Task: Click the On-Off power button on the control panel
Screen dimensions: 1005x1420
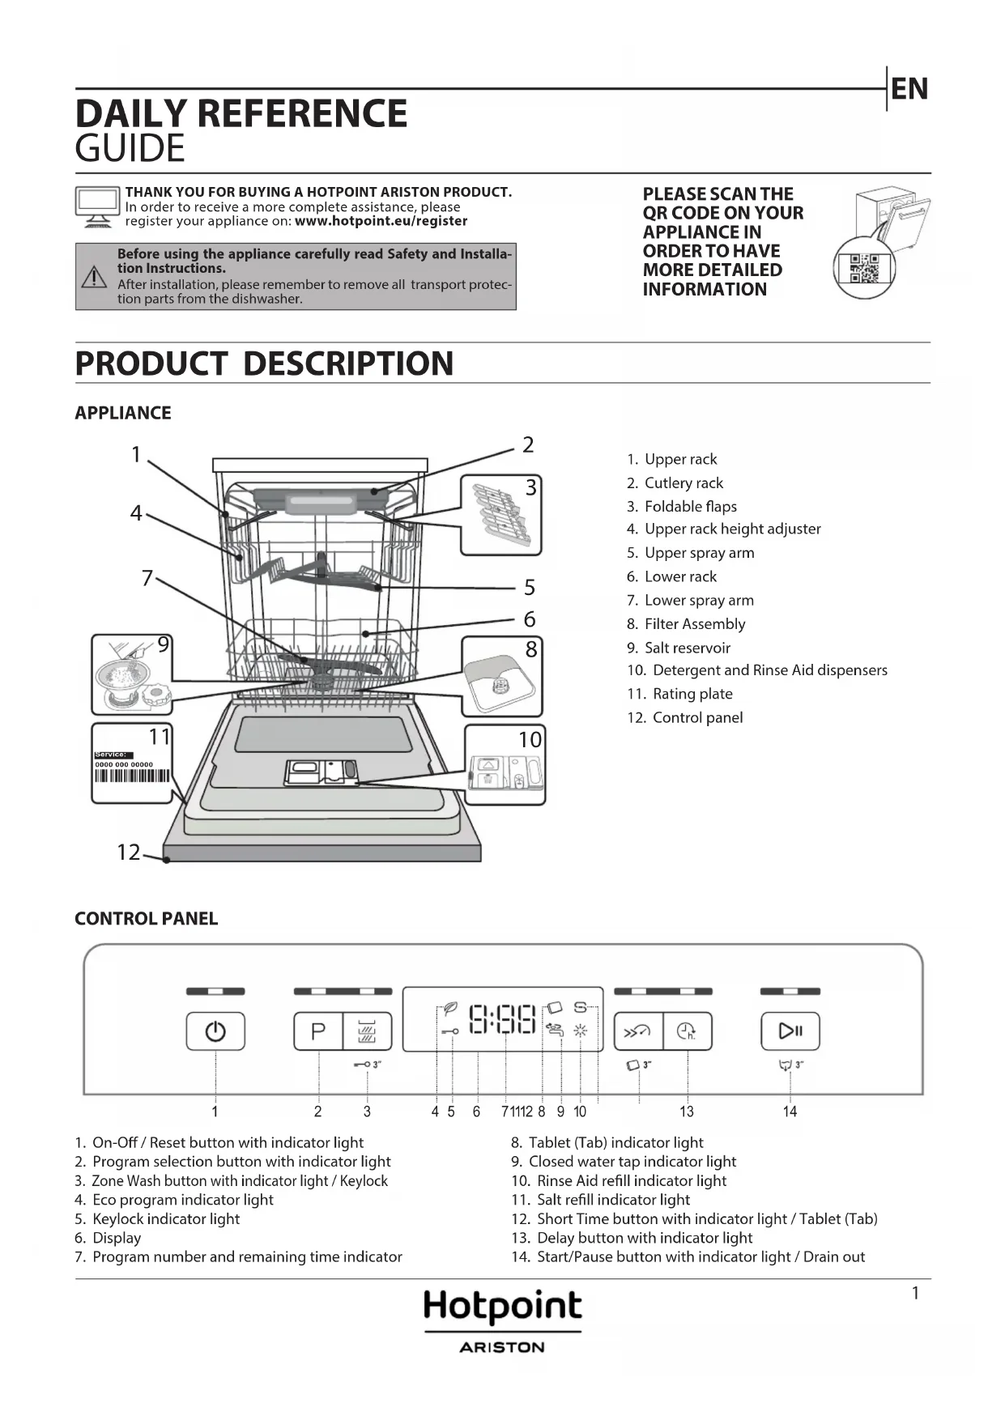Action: pyautogui.click(x=215, y=1031)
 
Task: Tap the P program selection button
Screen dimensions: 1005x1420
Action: pyautogui.click(x=318, y=1031)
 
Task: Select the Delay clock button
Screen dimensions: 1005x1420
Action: pyautogui.click(x=688, y=1031)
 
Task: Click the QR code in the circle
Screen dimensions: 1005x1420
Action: pyautogui.click(x=864, y=268)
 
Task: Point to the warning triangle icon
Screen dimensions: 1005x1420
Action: pyautogui.click(x=95, y=277)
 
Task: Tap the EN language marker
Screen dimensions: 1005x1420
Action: pyautogui.click(x=909, y=89)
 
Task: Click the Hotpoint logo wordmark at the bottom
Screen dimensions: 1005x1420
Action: pyautogui.click(x=502, y=1305)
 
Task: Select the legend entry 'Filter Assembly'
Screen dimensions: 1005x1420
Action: pyautogui.click(x=694, y=624)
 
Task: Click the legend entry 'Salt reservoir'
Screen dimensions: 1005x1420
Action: pyautogui.click(x=687, y=648)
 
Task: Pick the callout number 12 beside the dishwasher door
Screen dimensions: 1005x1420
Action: pyautogui.click(x=129, y=852)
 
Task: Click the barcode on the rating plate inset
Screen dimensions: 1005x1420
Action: pyautogui.click(x=132, y=776)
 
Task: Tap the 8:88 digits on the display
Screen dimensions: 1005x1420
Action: pyautogui.click(x=503, y=1019)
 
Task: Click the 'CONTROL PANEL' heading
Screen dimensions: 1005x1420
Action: pyautogui.click(x=147, y=919)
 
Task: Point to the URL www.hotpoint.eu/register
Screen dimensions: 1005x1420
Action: pyautogui.click(x=381, y=221)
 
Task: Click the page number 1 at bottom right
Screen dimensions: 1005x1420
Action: pyautogui.click(x=916, y=1294)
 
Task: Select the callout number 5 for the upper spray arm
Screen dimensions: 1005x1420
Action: pyautogui.click(x=530, y=587)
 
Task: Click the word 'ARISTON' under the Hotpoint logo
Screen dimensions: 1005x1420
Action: pyautogui.click(x=502, y=1348)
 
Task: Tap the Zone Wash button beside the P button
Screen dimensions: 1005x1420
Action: pyautogui.click(x=368, y=1031)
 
